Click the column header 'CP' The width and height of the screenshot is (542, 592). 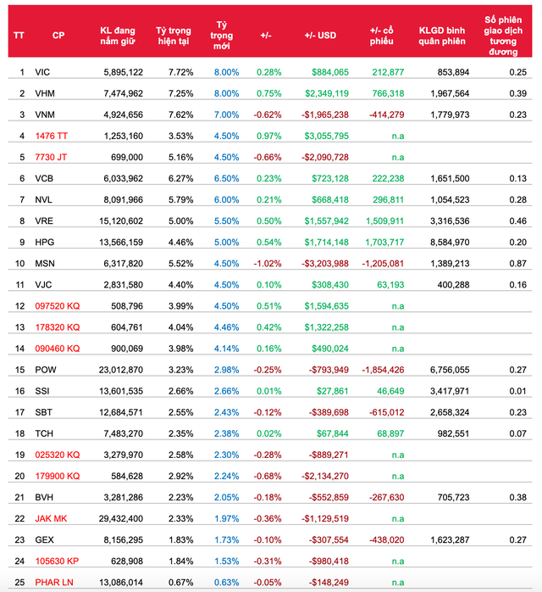click(x=58, y=35)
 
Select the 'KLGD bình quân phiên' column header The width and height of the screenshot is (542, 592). click(x=438, y=35)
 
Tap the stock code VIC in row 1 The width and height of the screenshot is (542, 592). click(x=43, y=72)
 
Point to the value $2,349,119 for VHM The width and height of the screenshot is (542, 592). click(x=324, y=93)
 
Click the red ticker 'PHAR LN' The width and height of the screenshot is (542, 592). click(x=55, y=582)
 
